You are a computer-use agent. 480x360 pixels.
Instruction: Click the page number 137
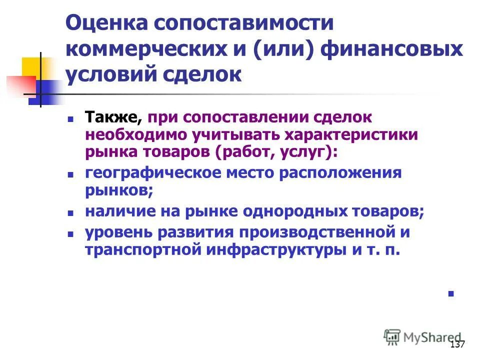click(x=457, y=345)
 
